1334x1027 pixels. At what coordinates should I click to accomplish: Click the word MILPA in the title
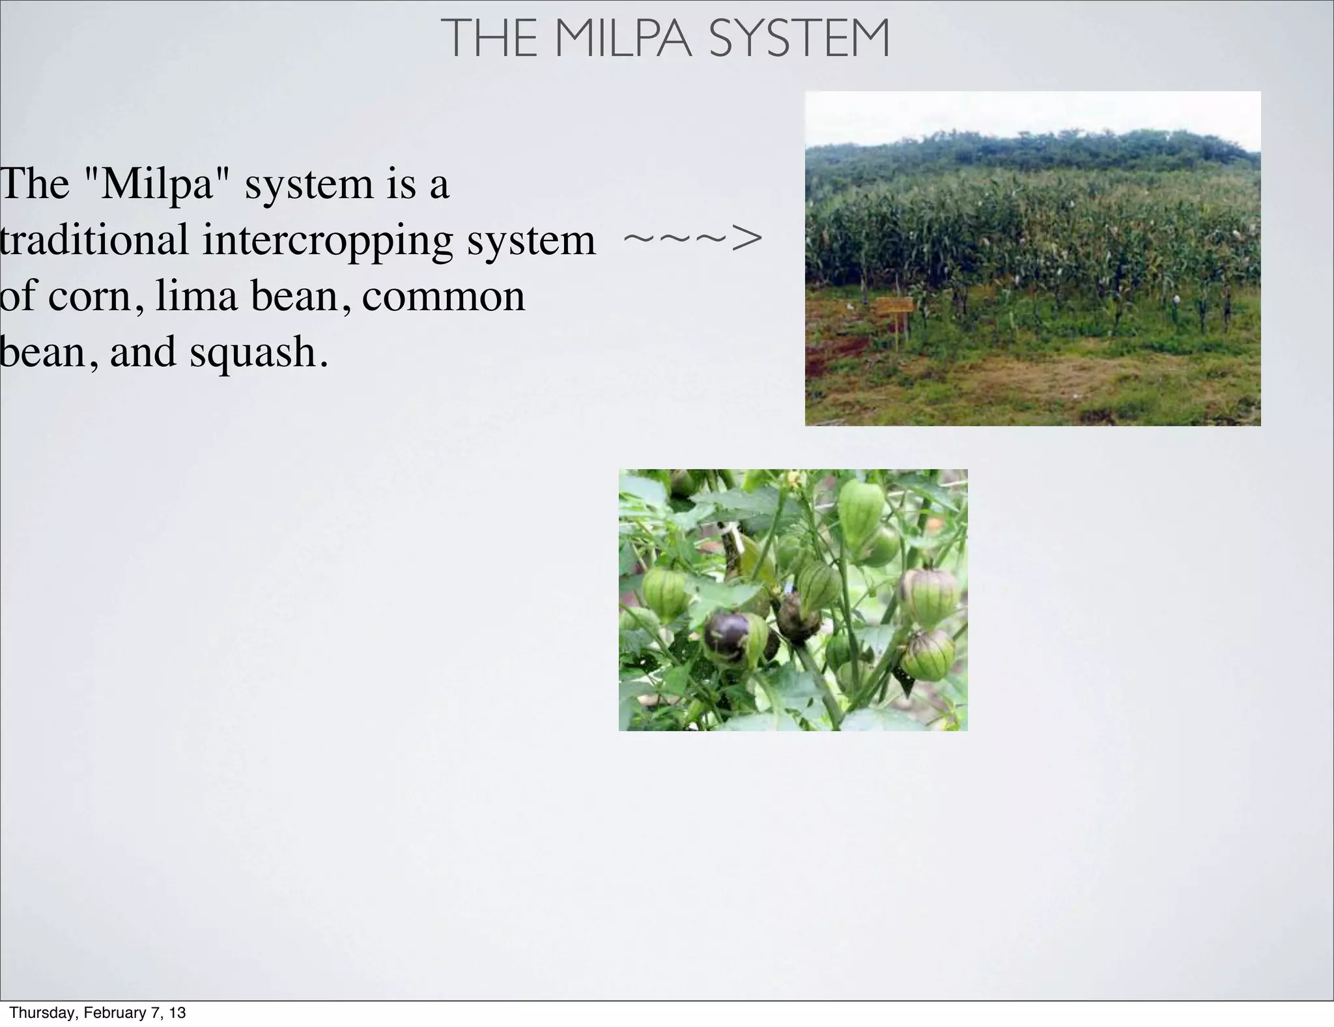tap(624, 39)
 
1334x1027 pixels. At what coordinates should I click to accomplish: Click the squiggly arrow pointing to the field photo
tap(692, 239)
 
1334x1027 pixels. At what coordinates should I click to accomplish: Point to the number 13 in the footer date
tap(177, 1013)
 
